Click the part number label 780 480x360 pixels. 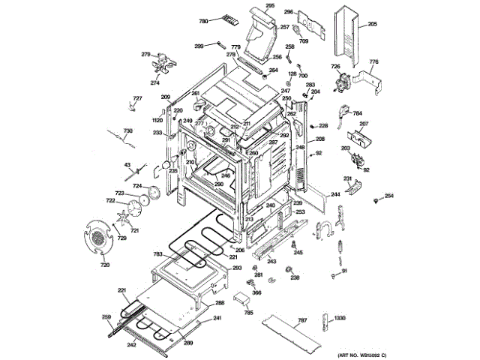(x=202, y=22)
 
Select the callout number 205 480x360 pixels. (x=372, y=25)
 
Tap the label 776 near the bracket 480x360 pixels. (x=374, y=61)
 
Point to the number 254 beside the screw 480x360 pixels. (x=388, y=196)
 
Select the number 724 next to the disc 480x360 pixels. (x=137, y=186)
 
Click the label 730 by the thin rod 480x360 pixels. (x=128, y=130)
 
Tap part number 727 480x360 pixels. (x=137, y=99)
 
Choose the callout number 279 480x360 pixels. (x=146, y=54)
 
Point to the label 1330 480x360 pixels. (x=340, y=318)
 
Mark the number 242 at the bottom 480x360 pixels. (x=131, y=344)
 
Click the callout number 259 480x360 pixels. (x=106, y=316)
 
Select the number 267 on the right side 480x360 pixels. (x=363, y=124)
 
